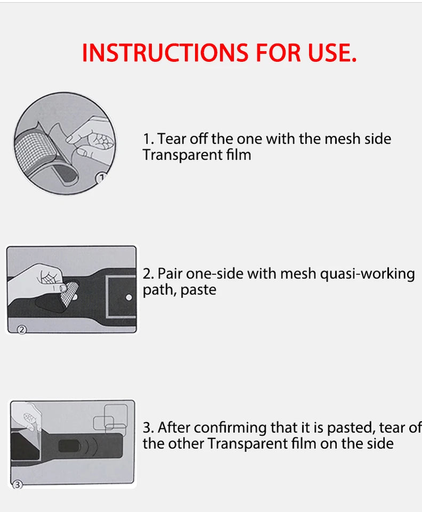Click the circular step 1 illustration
[65, 143]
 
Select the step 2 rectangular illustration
[71, 290]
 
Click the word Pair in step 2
[170, 274]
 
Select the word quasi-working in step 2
[367, 274]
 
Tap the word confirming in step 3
[230, 428]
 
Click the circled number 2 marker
[21, 330]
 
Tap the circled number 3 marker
[17, 485]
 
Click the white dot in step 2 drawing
[129, 298]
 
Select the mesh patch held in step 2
[69, 293]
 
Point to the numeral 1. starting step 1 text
[148, 139]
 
